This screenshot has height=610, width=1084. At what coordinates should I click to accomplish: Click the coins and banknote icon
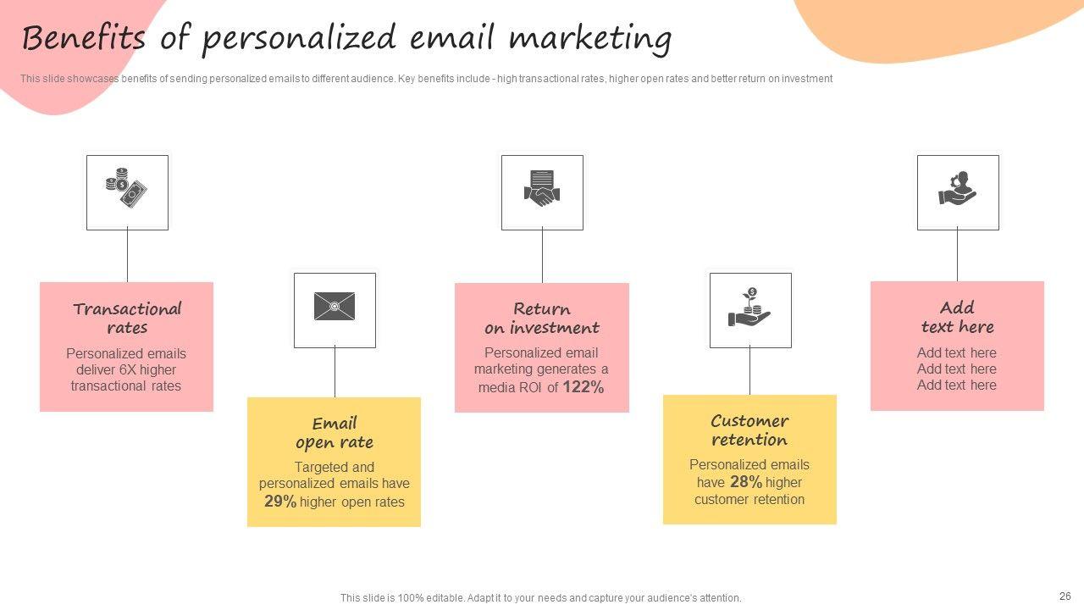click(x=126, y=188)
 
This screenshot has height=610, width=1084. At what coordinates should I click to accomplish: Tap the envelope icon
click(x=335, y=306)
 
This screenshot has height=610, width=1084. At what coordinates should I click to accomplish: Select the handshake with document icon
click(x=542, y=188)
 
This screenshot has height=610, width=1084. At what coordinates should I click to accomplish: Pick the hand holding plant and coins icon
click(x=749, y=307)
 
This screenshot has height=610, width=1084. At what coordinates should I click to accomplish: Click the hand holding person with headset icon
click(x=957, y=188)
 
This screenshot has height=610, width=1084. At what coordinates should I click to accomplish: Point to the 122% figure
click(x=583, y=387)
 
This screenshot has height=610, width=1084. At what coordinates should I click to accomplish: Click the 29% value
click(x=280, y=501)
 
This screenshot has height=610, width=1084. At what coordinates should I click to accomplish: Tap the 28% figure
click(x=746, y=482)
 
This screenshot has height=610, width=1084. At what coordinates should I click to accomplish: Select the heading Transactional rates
click(x=127, y=318)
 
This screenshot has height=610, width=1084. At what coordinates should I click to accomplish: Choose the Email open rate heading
click(x=335, y=433)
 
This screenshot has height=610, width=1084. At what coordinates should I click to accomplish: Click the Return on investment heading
click(x=542, y=318)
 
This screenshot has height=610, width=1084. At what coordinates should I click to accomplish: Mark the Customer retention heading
click(x=749, y=430)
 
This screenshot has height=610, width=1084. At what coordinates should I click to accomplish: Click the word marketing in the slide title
click(x=590, y=39)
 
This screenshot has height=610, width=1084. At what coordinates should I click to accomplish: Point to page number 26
click(x=1065, y=596)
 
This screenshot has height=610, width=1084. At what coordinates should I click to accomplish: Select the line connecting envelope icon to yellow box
click(x=335, y=372)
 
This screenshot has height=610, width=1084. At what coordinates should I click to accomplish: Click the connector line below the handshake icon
click(x=542, y=257)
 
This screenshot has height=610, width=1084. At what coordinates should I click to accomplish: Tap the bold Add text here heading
click(x=957, y=317)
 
